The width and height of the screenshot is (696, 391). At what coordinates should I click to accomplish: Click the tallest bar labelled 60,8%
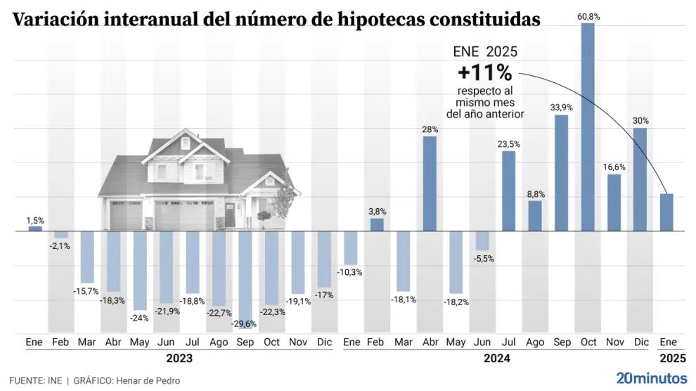point(588,127)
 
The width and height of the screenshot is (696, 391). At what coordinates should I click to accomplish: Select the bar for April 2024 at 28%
point(430,183)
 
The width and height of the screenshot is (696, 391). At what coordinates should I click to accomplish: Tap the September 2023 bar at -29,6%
point(245,275)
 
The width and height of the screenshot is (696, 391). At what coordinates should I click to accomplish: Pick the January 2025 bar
point(666,212)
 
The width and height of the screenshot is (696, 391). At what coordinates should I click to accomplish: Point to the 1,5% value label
point(35,221)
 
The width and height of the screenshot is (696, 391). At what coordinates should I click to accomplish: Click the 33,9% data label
point(562,108)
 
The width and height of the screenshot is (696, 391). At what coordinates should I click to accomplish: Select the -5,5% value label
point(483,259)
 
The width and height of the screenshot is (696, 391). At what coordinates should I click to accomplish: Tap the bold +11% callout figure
point(484,73)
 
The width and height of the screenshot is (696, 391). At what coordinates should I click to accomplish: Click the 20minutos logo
point(651,378)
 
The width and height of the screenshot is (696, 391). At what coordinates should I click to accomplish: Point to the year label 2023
point(179,358)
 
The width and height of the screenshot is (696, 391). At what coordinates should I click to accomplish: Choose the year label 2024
point(496,358)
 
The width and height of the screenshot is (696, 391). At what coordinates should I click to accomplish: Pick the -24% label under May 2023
point(140,317)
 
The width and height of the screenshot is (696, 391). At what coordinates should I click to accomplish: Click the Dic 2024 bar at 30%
point(640,179)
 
